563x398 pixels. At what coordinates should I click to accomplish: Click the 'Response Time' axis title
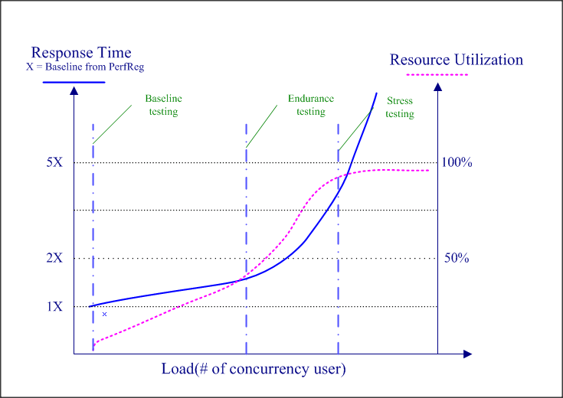(x=80, y=53)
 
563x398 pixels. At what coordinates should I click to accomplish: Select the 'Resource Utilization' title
(x=457, y=60)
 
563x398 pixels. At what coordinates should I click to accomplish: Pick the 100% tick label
(x=457, y=163)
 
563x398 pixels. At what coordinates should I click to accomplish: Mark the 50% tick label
(x=457, y=259)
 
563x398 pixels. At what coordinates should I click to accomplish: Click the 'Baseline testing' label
(x=163, y=105)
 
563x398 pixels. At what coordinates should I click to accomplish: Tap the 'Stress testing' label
(x=399, y=107)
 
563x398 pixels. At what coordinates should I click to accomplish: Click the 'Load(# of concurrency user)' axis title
(x=254, y=369)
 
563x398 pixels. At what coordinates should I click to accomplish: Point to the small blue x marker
(x=104, y=315)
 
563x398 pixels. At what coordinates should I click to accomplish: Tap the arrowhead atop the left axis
(x=74, y=90)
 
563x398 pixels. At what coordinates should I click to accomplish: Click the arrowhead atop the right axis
(x=437, y=86)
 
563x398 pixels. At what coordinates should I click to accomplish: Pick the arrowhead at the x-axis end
(x=467, y=354)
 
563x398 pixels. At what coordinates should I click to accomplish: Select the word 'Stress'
(x=399, y=101)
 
